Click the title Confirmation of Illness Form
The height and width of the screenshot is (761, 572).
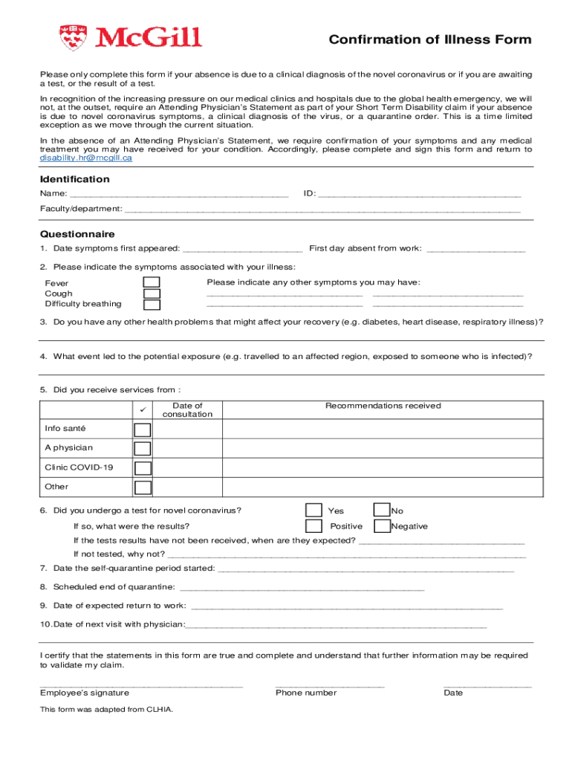tap(430, 40)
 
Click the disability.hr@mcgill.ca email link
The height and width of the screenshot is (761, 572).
tap(86, 158)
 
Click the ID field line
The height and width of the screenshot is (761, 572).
tap(419, 195)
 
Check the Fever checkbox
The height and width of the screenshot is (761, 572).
tap(152, 282)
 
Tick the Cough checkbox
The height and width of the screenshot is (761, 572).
tap(152, 294)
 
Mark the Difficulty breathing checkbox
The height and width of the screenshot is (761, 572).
tap(152, 305)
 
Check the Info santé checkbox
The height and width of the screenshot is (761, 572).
tap(142, 430)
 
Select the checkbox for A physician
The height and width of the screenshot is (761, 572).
tap(142, 449)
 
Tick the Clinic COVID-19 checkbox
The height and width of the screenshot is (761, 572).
tap(142, 468)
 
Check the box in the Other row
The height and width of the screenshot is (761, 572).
tap(142, 488)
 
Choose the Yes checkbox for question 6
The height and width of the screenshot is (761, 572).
tap(313, 510)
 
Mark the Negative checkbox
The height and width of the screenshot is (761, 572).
tap(382, 526)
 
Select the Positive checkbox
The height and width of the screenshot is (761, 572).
tap(313, 526)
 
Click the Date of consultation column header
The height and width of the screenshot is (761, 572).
tap(182, 409)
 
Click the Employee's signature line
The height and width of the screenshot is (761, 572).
tap(141, 684)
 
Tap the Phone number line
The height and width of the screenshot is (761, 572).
tap(329, 684)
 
